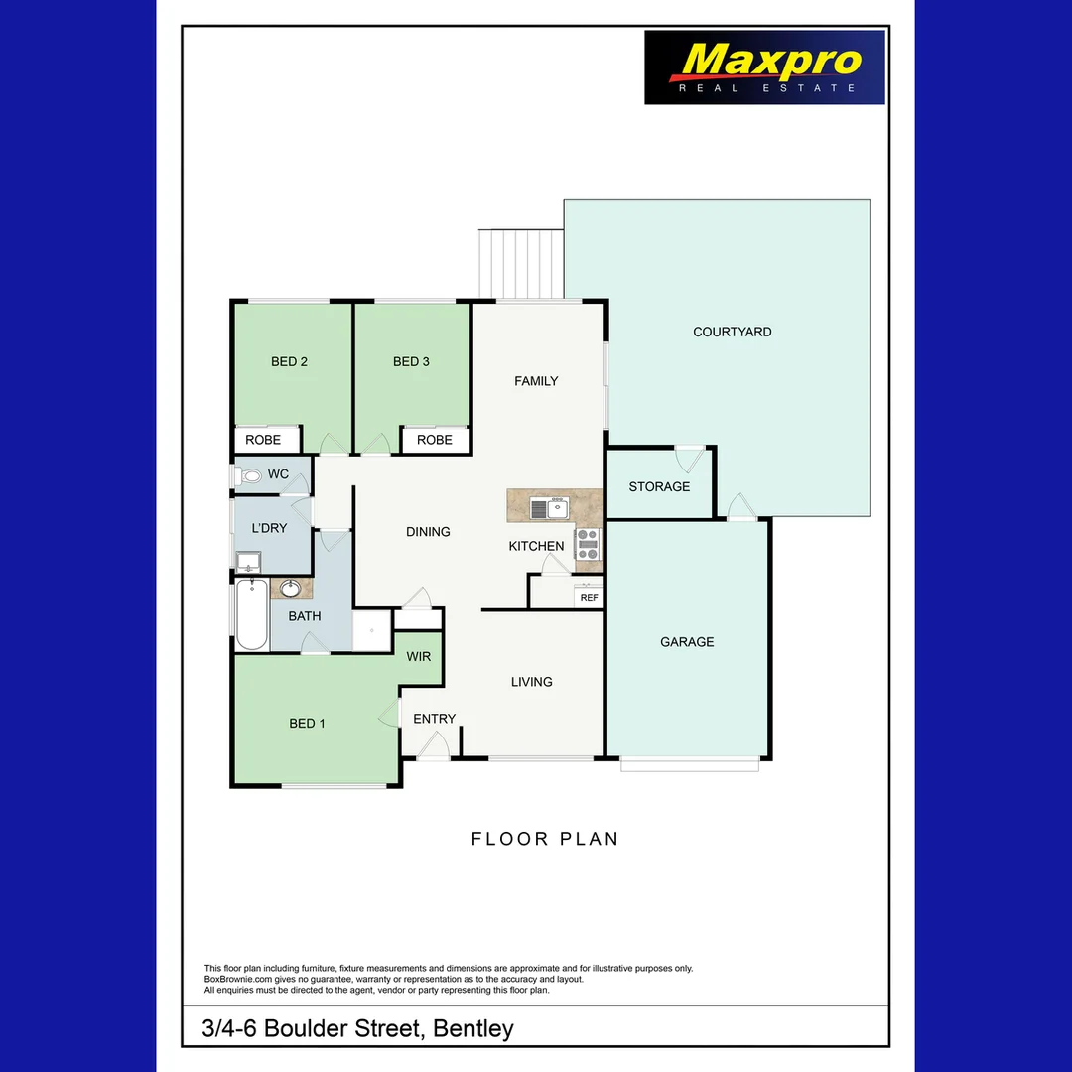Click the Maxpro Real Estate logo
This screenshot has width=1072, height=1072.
tap(764, 67)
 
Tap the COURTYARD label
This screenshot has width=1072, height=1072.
tap(733, 332)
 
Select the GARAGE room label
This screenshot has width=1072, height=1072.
tap(687, 642)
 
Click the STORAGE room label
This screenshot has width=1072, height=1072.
tap(659, 486)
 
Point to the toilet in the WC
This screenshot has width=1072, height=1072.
tap(249, 476)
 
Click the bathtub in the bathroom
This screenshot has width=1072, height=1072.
tap(252, 614)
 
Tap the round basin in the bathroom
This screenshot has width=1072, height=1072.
tap(291, 589)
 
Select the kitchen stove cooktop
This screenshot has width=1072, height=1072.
tap(589, 542)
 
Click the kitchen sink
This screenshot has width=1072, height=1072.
tap(548, 509)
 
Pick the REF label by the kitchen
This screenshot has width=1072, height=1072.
tap(590, 598)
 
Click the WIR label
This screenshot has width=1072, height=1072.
tap(419, 657)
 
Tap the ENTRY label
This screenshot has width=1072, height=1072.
tap(434, 719)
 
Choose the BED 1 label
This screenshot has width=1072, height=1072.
tap(307, 724)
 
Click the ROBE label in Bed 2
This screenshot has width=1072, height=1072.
tap(263, 440)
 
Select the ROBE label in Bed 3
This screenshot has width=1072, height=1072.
tap(435, 440)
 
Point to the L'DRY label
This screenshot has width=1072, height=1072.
tap(269, 528)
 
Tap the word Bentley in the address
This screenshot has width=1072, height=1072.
tap(473, 1028)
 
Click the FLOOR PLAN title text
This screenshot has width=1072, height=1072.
tap(545, 839)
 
